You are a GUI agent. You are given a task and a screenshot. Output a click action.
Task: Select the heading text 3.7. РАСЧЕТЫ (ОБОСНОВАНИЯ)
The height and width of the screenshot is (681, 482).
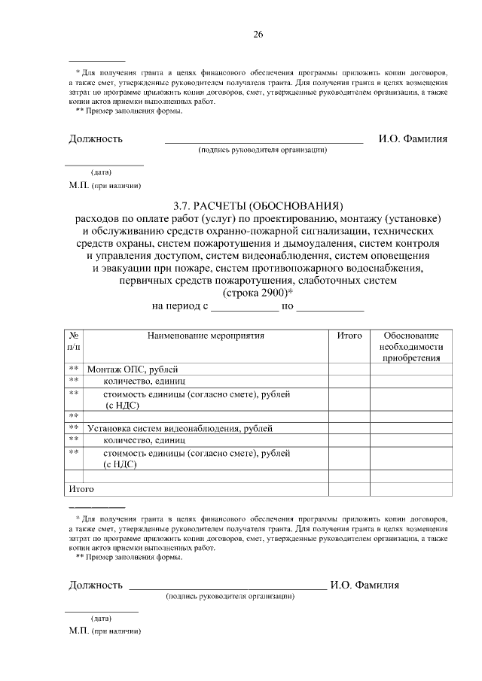click(258, 205)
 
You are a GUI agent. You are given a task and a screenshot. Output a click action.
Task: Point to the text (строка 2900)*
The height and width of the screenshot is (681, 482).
click(258, 293)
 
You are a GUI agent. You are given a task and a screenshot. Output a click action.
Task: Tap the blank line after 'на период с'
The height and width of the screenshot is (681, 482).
click(244, 307)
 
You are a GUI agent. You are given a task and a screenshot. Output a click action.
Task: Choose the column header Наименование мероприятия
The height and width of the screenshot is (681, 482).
click(206, 336)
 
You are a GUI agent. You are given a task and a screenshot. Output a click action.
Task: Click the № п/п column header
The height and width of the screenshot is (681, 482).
click(74, 341)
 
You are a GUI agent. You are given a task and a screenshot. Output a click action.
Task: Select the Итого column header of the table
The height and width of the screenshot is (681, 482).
click(349, 336)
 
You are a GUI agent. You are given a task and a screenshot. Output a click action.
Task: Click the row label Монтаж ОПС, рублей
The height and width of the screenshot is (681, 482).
click(133, 369)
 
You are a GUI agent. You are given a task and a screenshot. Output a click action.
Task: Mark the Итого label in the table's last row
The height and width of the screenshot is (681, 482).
click(81, 489)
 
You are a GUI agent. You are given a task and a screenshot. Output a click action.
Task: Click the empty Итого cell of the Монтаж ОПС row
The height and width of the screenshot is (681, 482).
click(349, 369)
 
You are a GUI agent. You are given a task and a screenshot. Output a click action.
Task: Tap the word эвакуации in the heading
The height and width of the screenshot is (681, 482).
click(124, 268)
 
